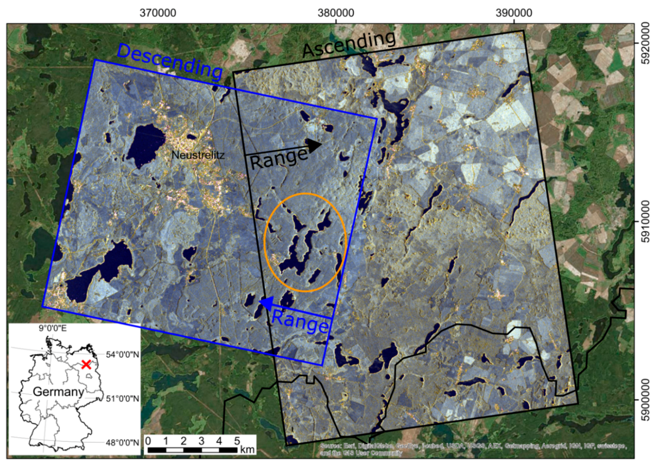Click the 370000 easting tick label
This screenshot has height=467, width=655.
point(158,13)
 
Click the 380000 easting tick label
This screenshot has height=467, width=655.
point(336,13)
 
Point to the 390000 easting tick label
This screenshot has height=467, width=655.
point(514,13)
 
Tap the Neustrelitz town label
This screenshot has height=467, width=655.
point(198,155)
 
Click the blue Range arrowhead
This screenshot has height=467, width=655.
point(266,303)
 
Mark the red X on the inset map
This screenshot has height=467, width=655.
point(86,364)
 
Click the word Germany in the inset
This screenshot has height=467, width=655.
point(58,391)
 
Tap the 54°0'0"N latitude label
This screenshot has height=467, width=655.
point(122,354)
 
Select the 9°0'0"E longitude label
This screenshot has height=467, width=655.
point(53,328)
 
